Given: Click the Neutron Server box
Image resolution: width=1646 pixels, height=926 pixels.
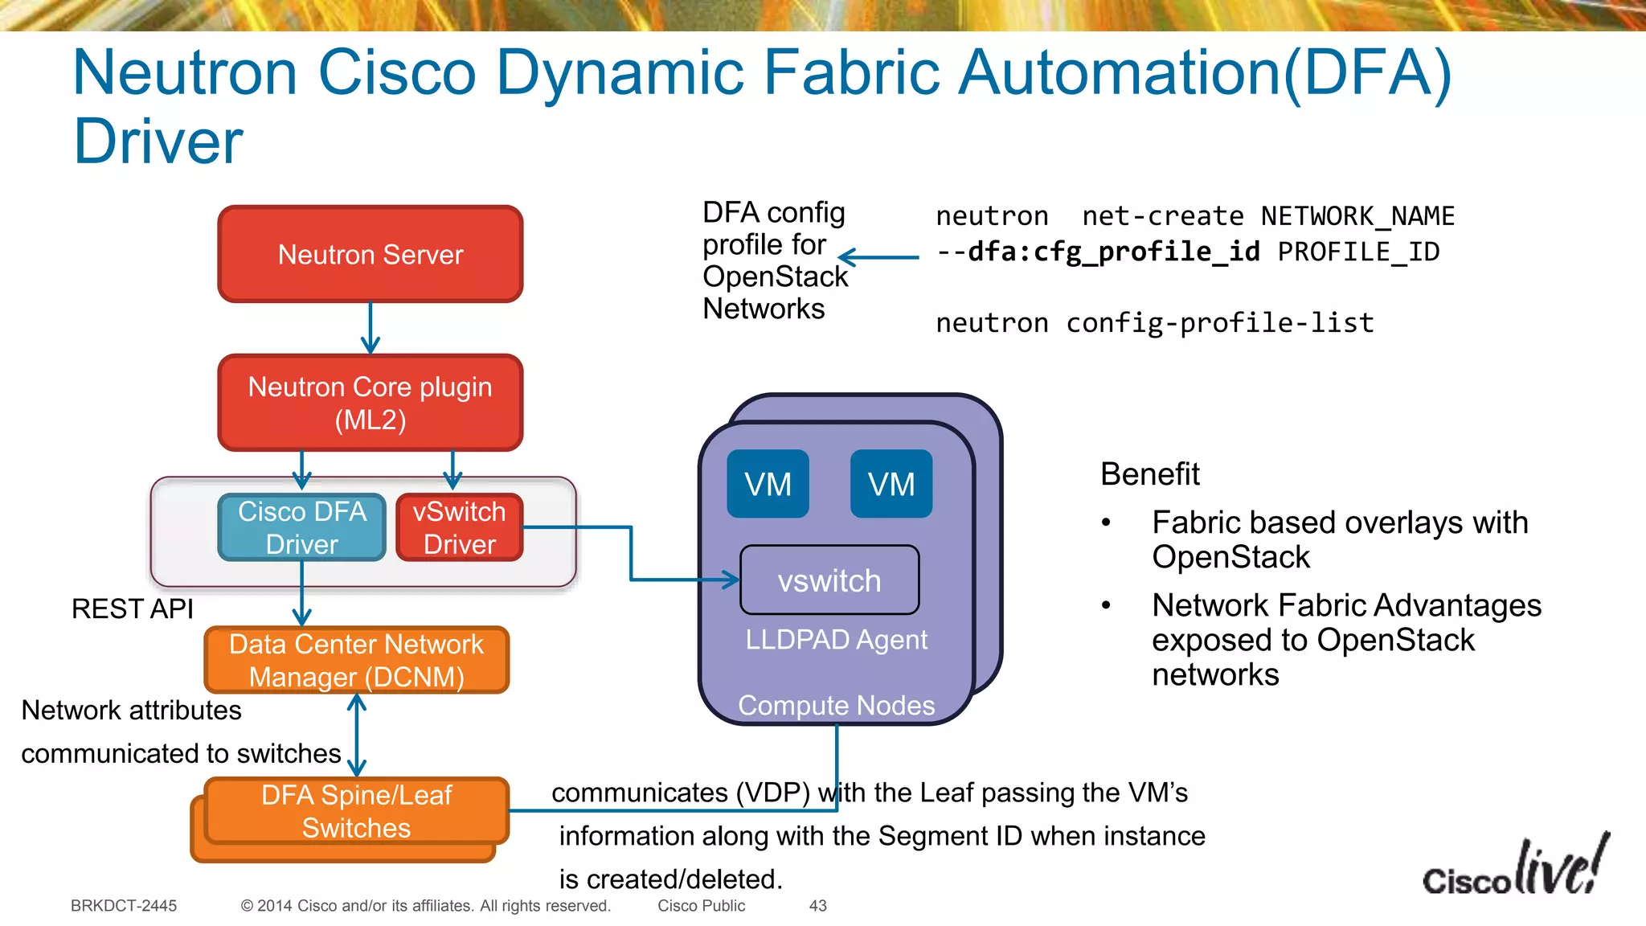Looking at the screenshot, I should tap(371, 254).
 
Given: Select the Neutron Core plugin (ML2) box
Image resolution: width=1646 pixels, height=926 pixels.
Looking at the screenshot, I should tap(371, 403).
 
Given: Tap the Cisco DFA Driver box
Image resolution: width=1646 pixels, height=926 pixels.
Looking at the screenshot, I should tap(302, 527).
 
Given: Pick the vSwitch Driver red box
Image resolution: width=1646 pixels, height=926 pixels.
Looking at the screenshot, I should tap(460, 527).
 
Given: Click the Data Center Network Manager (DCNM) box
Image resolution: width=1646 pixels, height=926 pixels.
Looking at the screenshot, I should tap(357, 660).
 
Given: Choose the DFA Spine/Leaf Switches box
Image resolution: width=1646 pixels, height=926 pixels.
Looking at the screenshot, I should tap(357, 811).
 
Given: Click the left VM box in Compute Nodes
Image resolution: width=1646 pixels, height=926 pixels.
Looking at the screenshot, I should tap(768, 484).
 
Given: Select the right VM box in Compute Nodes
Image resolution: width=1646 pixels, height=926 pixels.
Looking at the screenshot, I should tap(891, 484).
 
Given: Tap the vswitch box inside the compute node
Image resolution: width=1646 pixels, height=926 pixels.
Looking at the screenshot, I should tap(829, 580).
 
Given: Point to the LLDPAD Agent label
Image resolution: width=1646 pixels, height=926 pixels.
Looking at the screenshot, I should tap(836, 640).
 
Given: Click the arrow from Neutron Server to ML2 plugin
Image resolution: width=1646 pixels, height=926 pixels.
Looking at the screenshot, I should tap(371, 328).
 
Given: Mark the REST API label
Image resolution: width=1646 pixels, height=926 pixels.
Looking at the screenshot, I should tap(133, 608).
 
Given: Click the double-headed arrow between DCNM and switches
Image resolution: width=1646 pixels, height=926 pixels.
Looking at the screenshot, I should tap(357, 735).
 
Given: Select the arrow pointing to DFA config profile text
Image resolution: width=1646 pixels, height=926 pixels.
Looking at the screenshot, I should tap(878, 257).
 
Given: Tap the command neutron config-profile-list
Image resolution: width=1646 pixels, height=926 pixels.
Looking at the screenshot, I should tap(1155, 323).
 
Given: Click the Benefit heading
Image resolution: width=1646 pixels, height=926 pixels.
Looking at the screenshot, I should tap(1149, 474).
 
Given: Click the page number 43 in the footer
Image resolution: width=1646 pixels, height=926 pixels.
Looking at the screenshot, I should tap(817, 906).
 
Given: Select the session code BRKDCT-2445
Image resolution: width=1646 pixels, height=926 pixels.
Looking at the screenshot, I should tap(124, 906).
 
